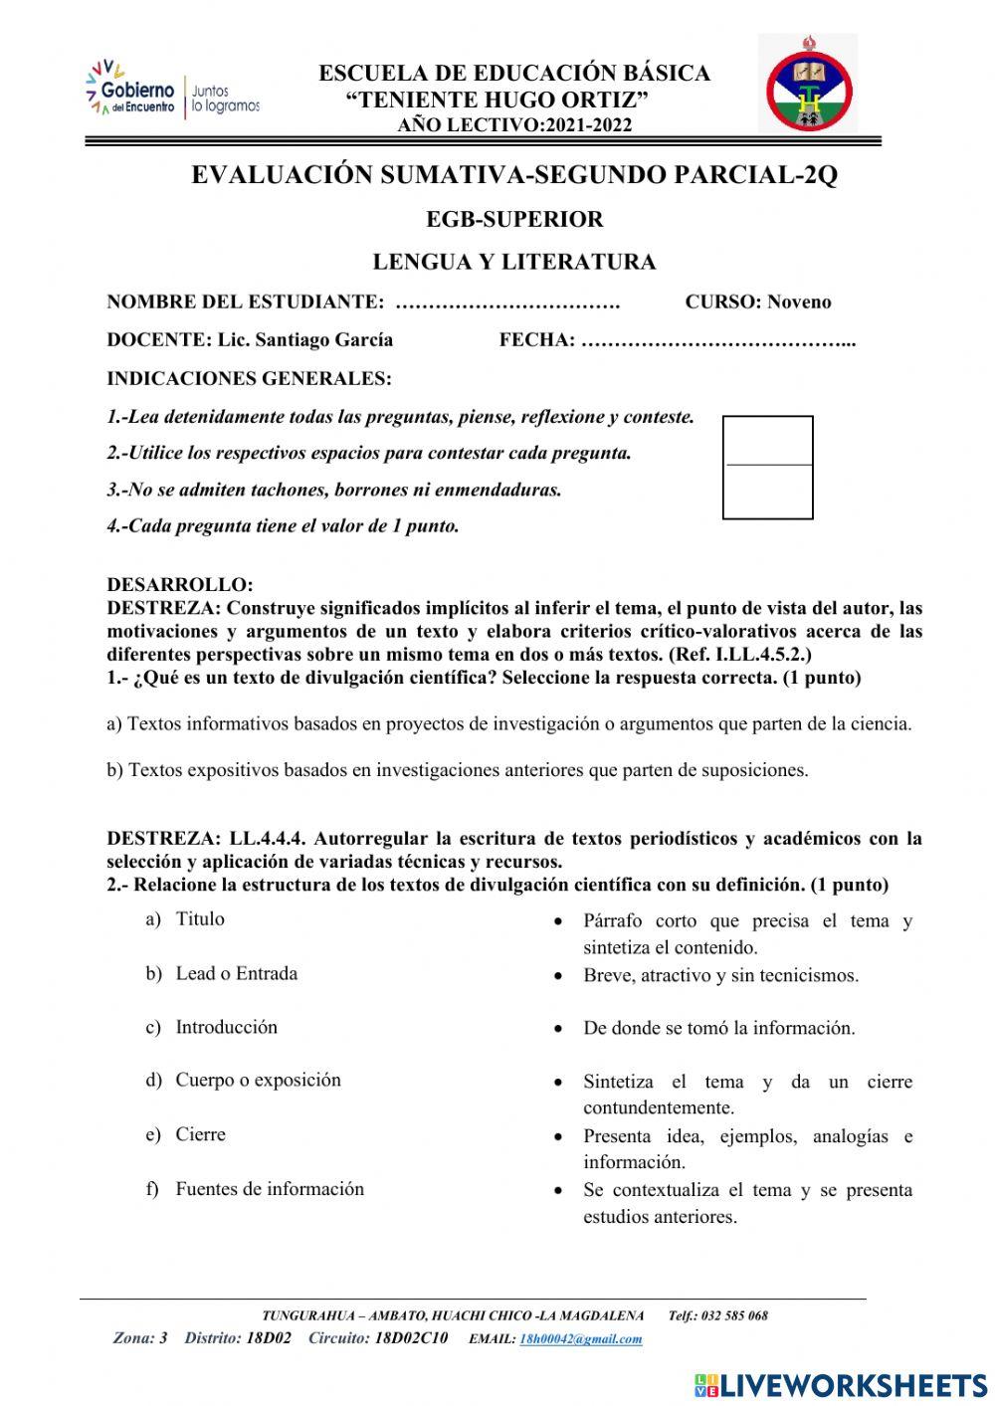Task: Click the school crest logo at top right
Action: click(x=809, y=84)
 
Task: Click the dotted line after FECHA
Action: click(x=718, y=341)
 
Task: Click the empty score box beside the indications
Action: click(x=767, y=468)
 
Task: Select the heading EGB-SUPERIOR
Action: click(x=514, y=219)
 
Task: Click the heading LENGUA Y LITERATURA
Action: click(x=514, y=263)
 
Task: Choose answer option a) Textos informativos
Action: click(x=508, y=724)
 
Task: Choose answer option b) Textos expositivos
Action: click(x=457, y=770)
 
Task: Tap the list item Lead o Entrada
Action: click(x=236, y=974)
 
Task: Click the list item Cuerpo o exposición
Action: click(x=258, y=1081)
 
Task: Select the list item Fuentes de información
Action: click(x=270, y=1189)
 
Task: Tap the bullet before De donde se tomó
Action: click(x=561, y=1029)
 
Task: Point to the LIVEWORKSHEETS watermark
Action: click(x=841, y=1385)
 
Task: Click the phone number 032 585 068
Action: click(x=734, y=1315)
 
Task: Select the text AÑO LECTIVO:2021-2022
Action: click(x=514, y=125)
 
